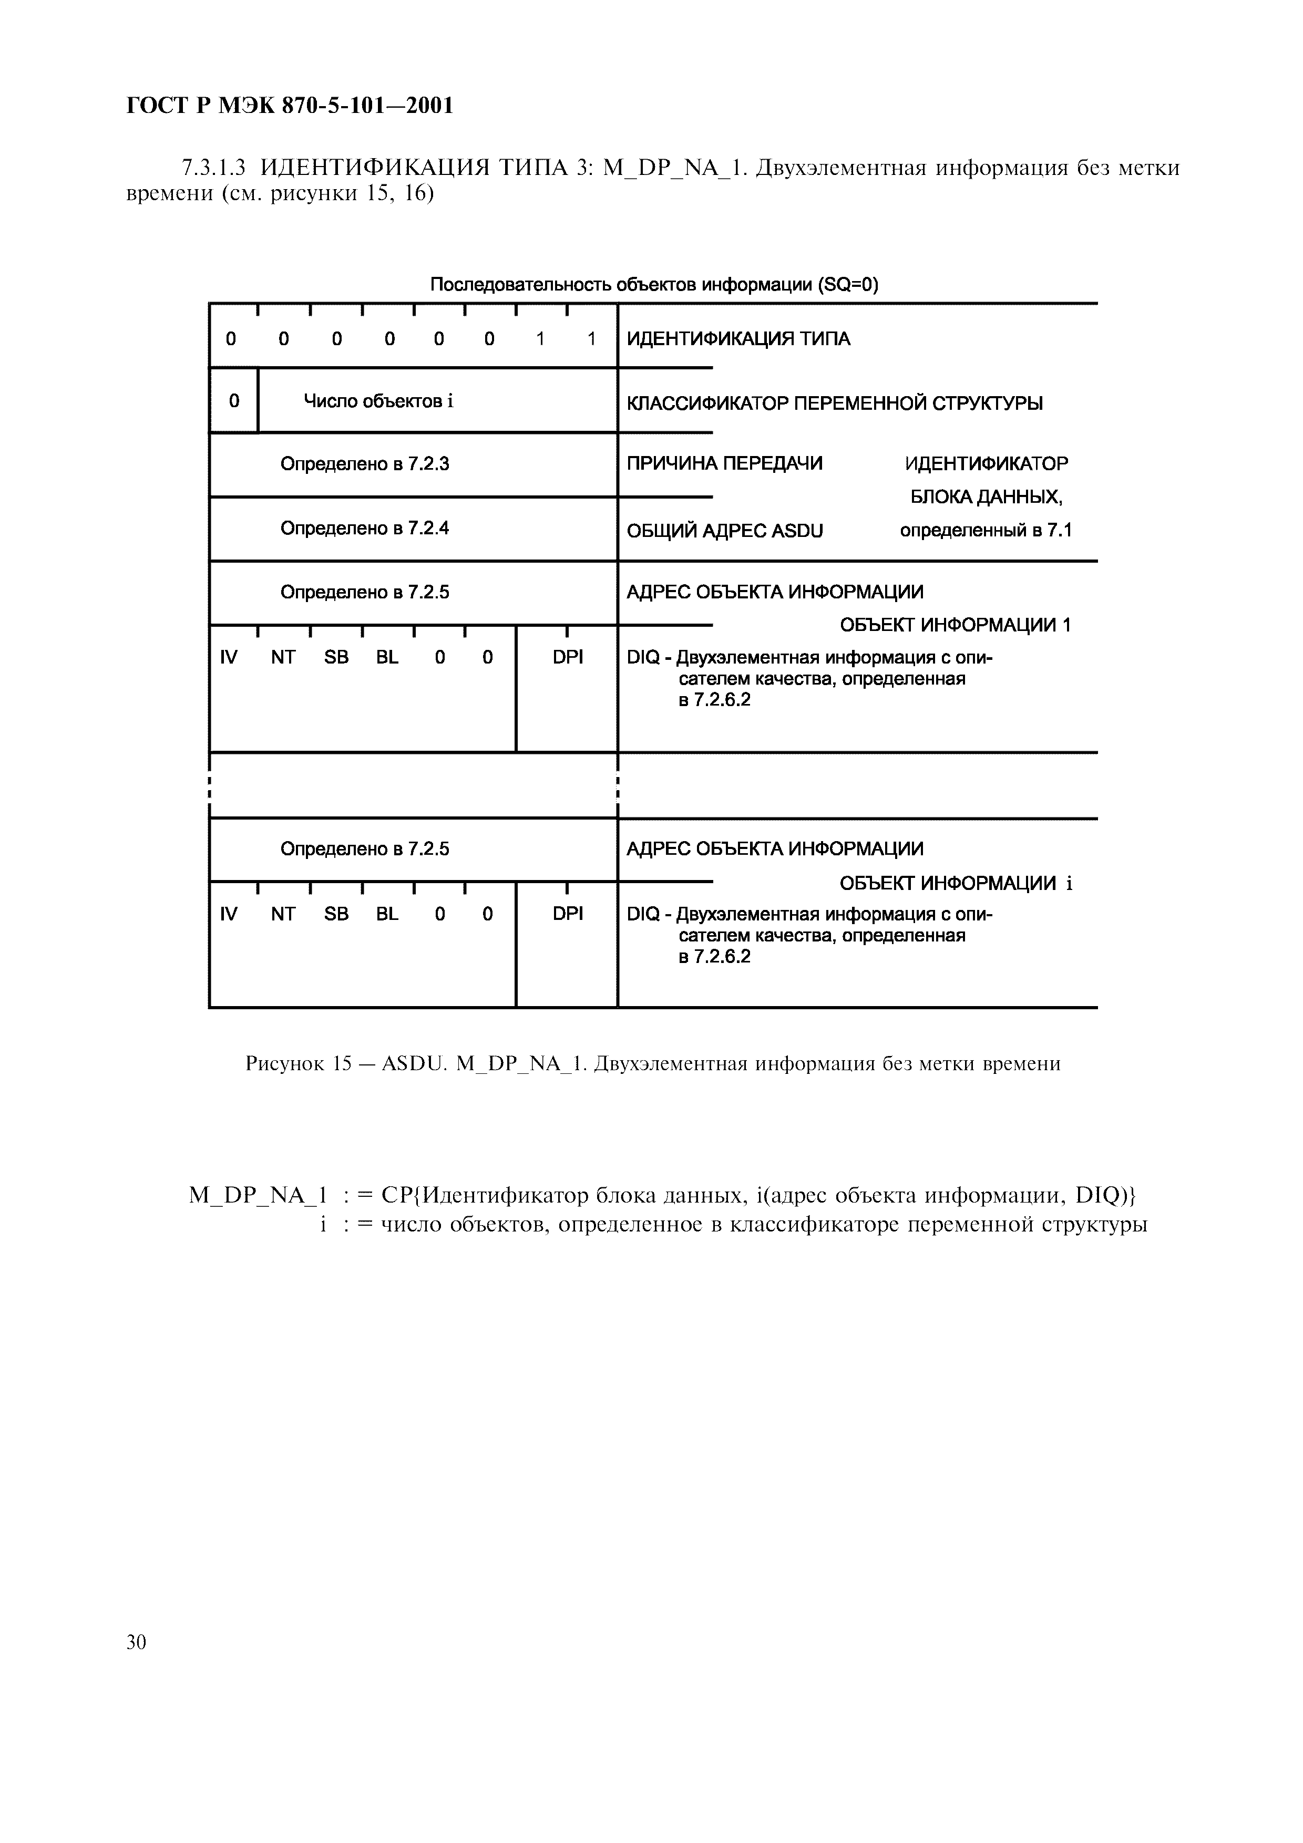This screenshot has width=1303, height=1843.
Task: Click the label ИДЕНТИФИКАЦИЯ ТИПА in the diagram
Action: pos(738,339)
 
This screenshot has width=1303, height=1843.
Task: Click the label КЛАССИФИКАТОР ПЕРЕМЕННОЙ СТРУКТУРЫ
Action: pos(834,403)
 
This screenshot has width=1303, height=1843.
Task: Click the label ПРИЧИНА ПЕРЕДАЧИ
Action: pos(724,463)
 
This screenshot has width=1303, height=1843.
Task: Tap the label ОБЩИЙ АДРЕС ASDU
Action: pos(724,531)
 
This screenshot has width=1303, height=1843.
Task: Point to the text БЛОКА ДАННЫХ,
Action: pos(986,498)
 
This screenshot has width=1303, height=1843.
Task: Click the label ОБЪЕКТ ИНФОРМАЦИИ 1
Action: pos(955,625)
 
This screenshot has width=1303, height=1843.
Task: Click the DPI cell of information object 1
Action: pos(568,657)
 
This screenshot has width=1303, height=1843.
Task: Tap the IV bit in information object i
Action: pos(229,914)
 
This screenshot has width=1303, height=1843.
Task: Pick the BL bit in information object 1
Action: pos(387,657)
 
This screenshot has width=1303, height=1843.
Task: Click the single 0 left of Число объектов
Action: pos(233,400)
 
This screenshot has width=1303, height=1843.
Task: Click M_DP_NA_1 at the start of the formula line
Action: pos(258,1196)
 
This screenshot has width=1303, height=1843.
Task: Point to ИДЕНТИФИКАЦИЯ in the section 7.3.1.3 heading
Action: pos(375,169)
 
